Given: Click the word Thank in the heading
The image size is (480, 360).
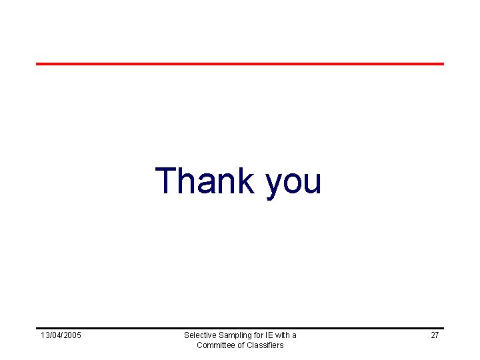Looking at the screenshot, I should point(205,181).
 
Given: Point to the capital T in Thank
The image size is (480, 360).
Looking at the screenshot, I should point(165,181).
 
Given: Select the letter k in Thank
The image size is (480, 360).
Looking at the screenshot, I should point(245,181).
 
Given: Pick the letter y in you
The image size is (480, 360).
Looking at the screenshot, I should point(274,185).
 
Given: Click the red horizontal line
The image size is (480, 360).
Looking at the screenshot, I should point(240,64).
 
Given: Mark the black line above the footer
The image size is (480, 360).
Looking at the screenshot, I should point(240,328).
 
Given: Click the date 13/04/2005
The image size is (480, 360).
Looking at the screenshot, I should point(61,335).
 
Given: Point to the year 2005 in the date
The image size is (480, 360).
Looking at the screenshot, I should point(72,335).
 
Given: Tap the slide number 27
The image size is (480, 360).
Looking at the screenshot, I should point(435,335).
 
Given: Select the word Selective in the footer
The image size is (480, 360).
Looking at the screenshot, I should point(199,335).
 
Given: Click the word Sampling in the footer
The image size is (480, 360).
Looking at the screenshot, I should point(235,335).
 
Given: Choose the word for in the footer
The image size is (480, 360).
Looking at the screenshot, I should point(259,335).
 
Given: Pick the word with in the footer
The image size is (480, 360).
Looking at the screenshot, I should point(285,335).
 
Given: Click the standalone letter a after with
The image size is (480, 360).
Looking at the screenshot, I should point(295,335).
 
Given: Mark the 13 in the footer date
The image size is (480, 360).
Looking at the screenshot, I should point(45,335).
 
